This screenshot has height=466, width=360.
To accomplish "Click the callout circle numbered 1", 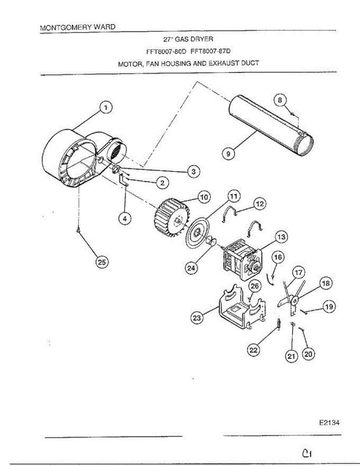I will tap(105, 108).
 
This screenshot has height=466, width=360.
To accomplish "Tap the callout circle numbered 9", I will tap(228, 154).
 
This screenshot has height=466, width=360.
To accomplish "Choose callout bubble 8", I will tap(280, 100).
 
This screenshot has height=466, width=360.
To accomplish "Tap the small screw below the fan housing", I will tap(79, 230).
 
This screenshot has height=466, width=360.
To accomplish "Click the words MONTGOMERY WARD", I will tap(78, 28).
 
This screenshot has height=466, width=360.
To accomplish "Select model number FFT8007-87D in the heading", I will tap(213, 51).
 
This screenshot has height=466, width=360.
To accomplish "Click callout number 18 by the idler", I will tap(325, 283).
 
